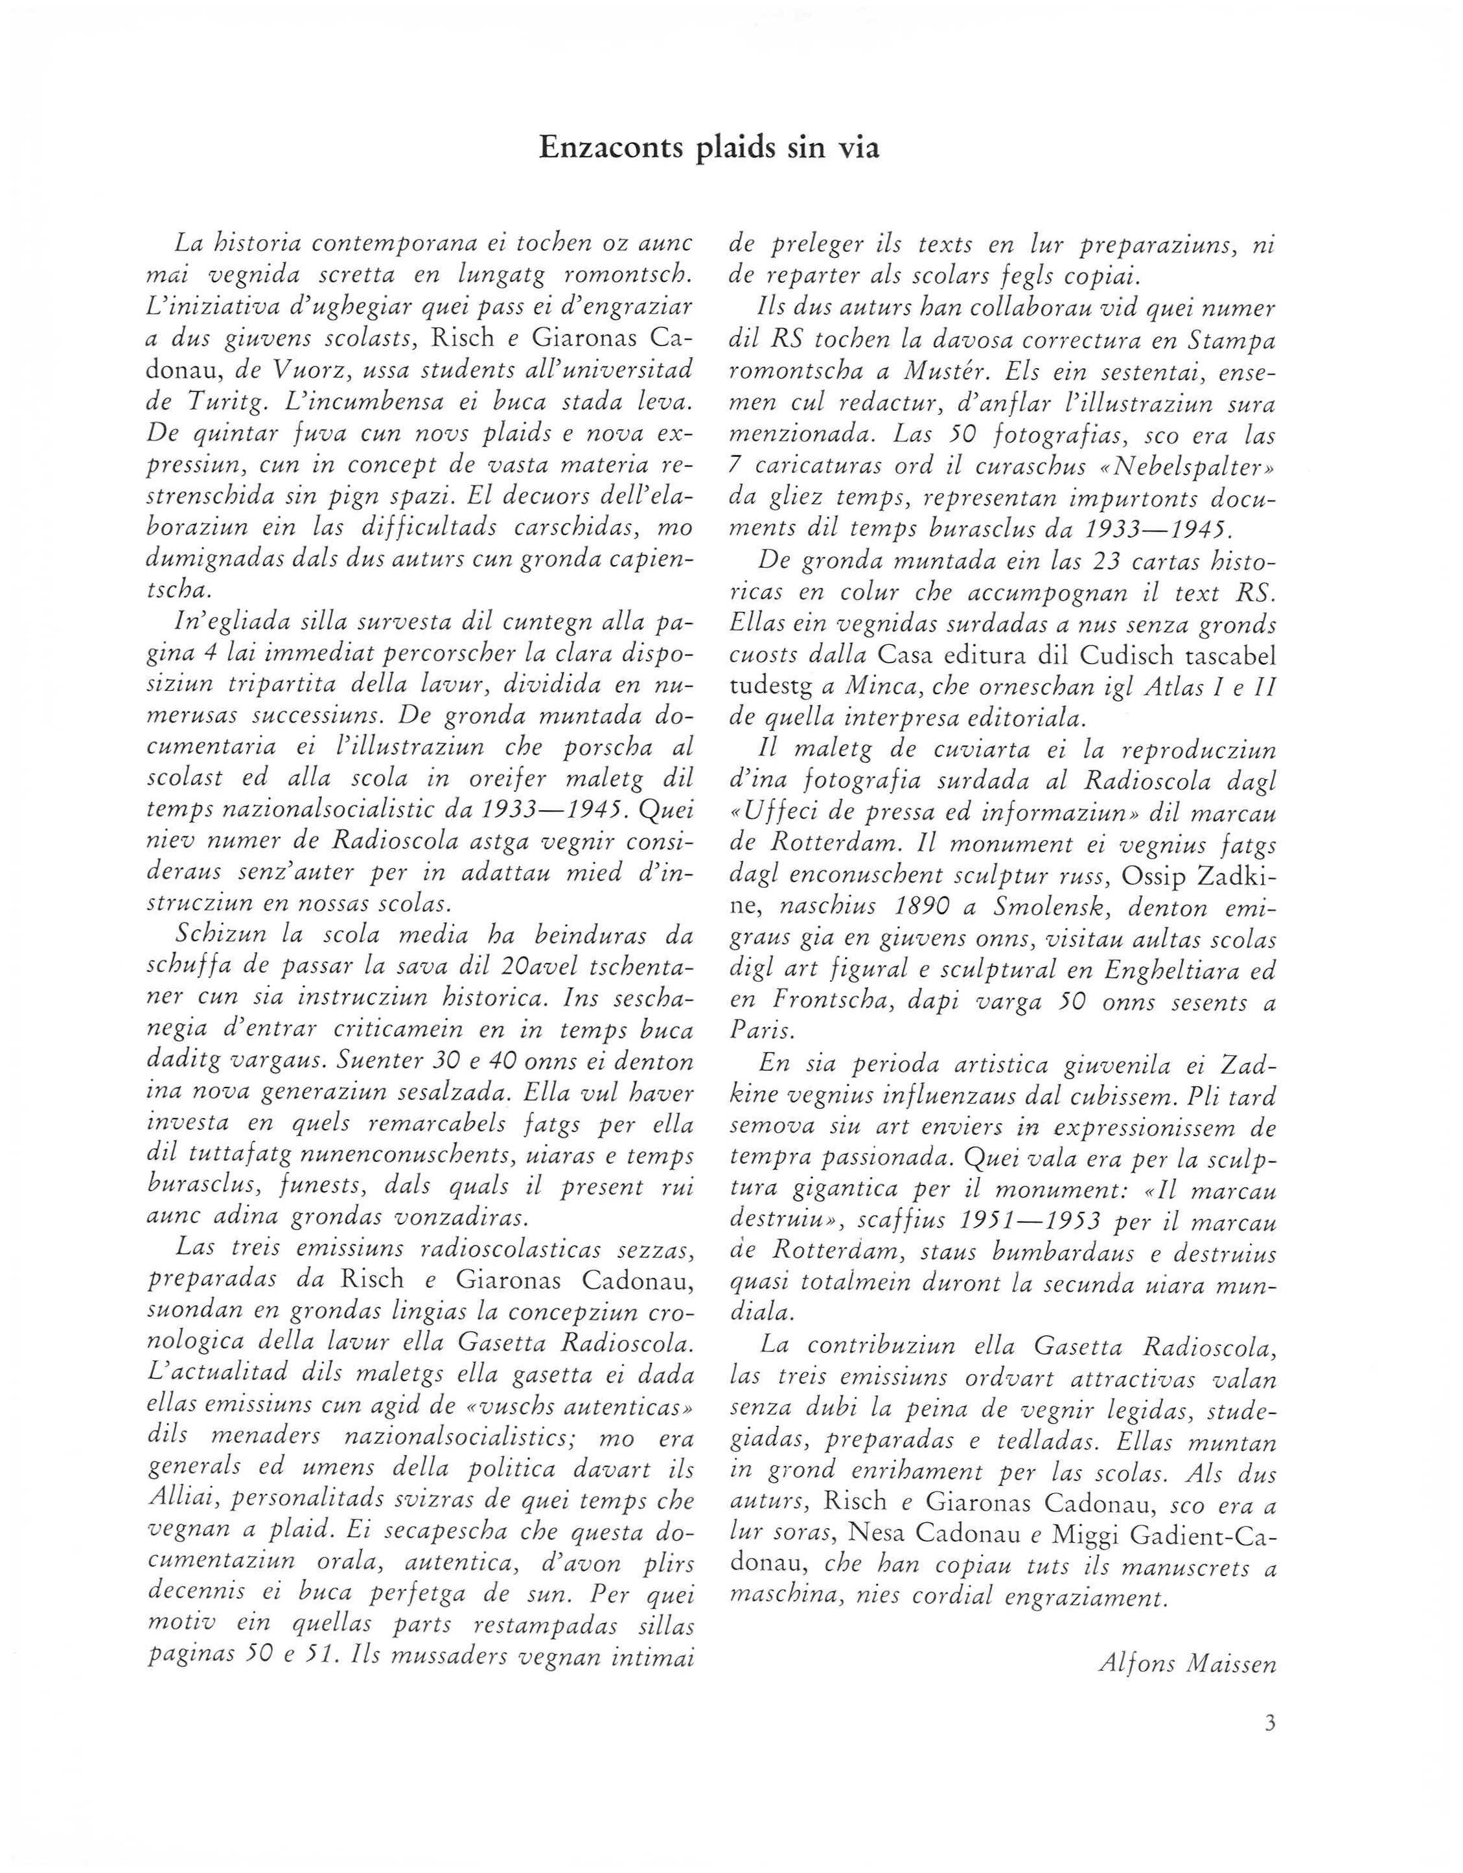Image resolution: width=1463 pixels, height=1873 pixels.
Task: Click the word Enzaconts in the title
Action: [609, 148]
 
